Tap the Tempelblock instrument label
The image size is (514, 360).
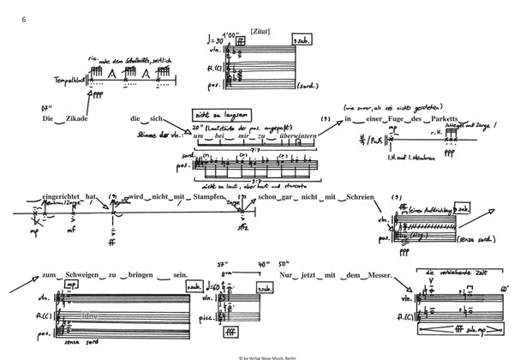(70, 83)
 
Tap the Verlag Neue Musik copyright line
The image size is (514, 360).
(257, 355)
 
